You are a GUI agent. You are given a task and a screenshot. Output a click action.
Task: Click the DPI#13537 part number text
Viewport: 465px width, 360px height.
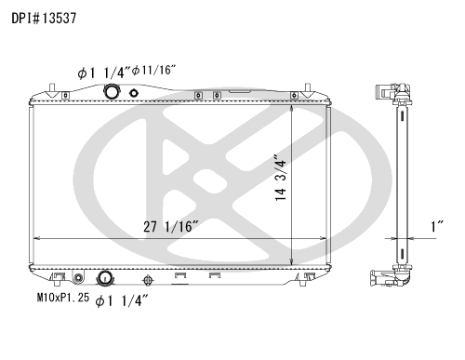coord(44,19)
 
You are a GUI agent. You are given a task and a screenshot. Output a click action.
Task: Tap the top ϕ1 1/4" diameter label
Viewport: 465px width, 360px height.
coord(104,73)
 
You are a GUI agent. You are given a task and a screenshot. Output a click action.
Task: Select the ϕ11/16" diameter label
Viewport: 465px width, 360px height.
coord(154,71)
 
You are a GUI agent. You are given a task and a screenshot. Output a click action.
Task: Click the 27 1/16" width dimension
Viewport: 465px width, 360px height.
coord(170,227)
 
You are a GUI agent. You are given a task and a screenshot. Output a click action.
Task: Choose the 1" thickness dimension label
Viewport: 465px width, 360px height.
coord(437,227)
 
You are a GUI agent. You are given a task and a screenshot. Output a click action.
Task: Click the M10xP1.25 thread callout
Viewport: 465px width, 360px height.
coord(63,298)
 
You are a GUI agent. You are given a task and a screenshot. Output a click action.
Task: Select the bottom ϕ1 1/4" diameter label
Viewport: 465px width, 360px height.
coord(122,300)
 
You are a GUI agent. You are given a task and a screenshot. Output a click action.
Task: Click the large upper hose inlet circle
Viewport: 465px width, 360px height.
coord(112,92)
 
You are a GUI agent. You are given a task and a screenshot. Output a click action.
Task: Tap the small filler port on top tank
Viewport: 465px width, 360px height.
coord(134,93)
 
